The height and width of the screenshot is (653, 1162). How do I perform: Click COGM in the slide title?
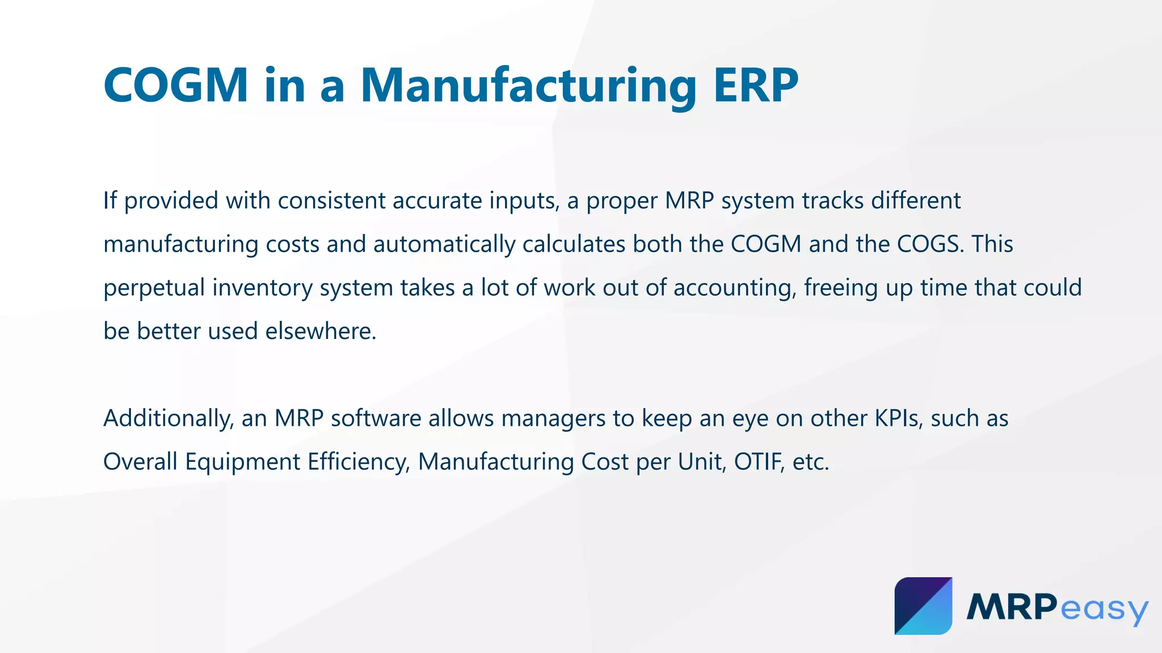pos(176,85)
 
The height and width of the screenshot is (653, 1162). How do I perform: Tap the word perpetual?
pos(154,288)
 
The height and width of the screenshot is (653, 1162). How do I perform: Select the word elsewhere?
pos(321,331)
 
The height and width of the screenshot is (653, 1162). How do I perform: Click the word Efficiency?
pos(359,462)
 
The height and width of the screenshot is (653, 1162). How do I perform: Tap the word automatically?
pos(444,244)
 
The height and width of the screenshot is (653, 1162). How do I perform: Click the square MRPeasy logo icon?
pos(923,606)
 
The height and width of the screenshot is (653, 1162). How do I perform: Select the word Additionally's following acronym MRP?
pos(299,418)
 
